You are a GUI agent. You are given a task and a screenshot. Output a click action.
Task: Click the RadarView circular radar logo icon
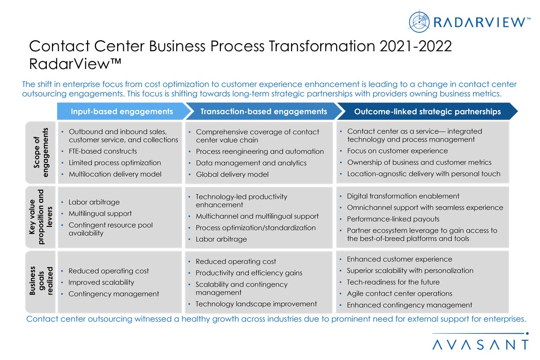pos(419,22)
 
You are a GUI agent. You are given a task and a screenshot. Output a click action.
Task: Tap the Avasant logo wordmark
pos(480,345)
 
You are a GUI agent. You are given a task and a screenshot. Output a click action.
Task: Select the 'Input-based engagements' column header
pos(122,111)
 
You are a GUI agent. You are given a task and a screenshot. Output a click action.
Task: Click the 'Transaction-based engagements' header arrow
pos(264,111)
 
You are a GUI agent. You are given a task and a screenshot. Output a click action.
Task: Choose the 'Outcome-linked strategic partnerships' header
pos(427,111)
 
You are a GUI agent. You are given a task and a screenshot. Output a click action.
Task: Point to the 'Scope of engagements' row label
pos(41,152)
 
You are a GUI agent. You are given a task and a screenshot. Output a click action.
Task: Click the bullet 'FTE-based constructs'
pos(103,151)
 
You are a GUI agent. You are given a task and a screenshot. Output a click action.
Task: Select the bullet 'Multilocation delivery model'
pos(115,174)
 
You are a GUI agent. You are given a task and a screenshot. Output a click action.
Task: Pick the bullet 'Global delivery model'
pos(232,174)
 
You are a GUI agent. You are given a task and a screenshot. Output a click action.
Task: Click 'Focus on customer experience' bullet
pos(397,151)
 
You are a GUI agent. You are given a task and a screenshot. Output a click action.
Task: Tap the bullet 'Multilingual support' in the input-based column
pos(100,214)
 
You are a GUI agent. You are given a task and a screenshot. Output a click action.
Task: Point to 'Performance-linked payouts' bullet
pos(393,219)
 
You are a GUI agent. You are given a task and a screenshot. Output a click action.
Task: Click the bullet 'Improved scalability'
pos(101,283)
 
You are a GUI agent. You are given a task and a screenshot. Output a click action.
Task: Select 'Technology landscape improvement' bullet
pos(256,304)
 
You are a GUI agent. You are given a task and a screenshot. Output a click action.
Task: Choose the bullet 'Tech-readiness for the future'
pos(393,282)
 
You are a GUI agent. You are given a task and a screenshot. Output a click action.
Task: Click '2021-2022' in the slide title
pos(416,46)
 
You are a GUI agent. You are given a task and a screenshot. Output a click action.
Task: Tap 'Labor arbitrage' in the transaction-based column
pos(221,239)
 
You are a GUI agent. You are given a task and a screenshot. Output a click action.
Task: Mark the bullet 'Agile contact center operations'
pos(399,293)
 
